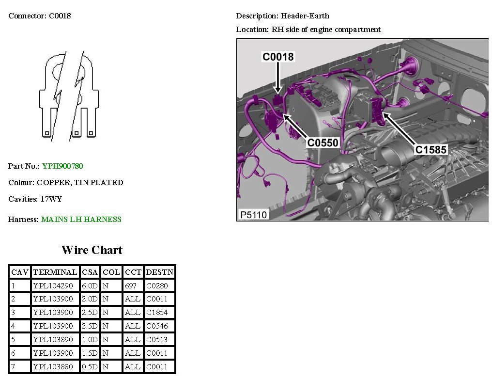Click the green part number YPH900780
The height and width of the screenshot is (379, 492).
62,166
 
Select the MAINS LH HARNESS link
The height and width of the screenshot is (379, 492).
81,220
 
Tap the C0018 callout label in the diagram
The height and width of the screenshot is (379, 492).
278,57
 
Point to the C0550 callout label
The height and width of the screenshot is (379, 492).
323,143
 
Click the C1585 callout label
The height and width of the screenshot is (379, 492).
431,150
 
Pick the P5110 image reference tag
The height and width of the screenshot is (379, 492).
253,214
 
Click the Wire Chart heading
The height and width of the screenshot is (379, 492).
92,250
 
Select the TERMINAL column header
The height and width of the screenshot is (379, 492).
55,272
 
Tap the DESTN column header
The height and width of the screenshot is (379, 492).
159,272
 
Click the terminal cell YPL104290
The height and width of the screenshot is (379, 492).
53,286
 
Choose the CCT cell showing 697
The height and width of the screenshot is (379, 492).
131,286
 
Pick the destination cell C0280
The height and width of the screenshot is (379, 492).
157,286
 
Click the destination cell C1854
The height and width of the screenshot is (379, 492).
157,313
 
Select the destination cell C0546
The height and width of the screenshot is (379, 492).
157,326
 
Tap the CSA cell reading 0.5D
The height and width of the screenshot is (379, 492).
90,367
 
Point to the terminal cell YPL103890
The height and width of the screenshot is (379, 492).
53,340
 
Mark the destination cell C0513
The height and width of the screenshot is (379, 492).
157,340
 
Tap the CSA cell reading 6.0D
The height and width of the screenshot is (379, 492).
90,286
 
